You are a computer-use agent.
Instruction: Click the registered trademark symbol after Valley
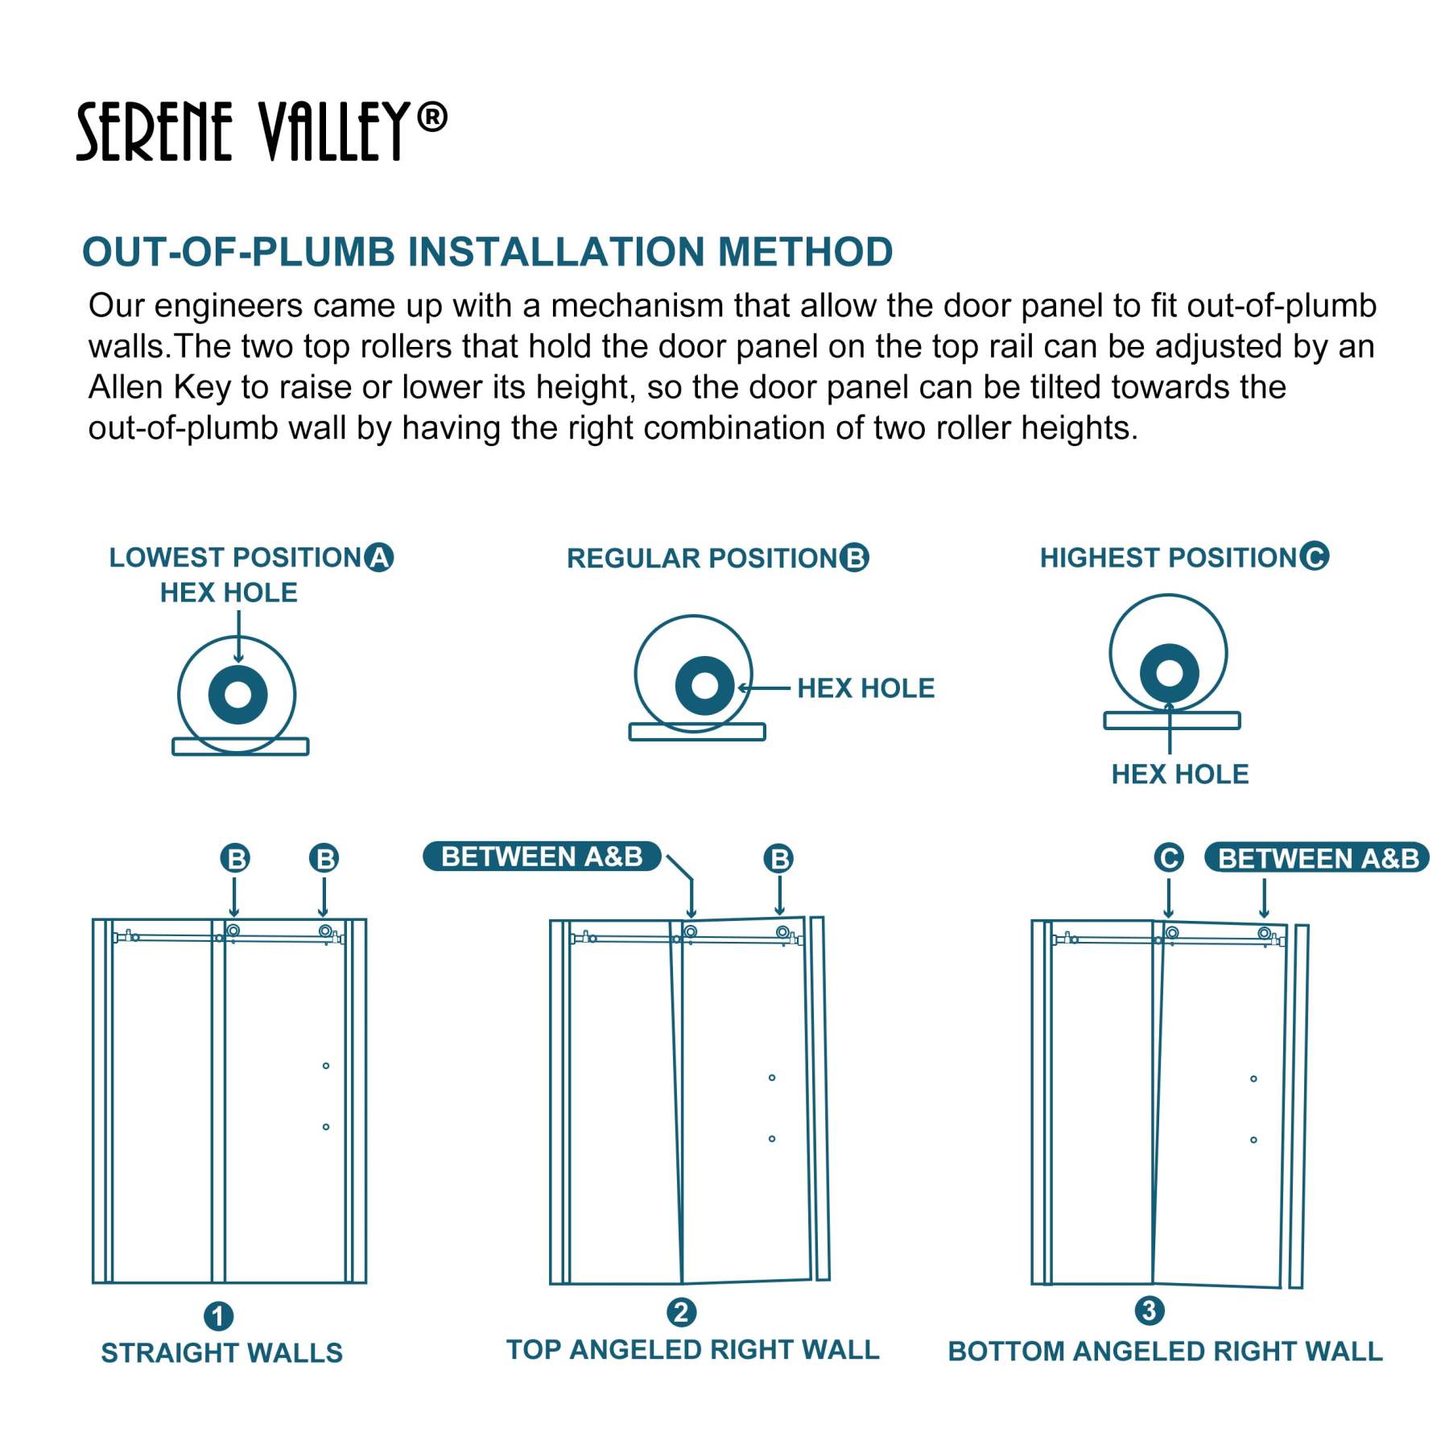[432, 118]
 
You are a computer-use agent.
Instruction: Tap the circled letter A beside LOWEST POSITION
[378, 557]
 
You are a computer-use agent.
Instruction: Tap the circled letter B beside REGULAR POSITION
[854, 558]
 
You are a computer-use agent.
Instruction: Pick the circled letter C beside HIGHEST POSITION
[1314, 555]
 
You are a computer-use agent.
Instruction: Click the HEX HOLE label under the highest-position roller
[1179, 774]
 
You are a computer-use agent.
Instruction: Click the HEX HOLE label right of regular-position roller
[865, 688]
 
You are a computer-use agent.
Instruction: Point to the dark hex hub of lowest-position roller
[237, 694]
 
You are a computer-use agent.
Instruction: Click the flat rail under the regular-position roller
[696, 732]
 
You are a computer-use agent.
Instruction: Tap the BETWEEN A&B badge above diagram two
[542, 857]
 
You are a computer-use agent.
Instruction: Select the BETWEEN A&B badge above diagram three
[1316, 858]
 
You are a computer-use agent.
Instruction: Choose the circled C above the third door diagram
[1168, 857]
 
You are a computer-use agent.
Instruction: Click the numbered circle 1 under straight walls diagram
[218, 1316]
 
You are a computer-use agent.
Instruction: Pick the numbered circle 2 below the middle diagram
[681, 1312]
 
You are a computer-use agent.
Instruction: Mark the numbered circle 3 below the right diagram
[1149, 1311]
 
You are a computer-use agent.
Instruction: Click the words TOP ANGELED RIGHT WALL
[692, 1350]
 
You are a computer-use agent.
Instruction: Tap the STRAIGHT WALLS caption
[221, 1353]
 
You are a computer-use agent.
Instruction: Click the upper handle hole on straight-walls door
[325, 1066]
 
